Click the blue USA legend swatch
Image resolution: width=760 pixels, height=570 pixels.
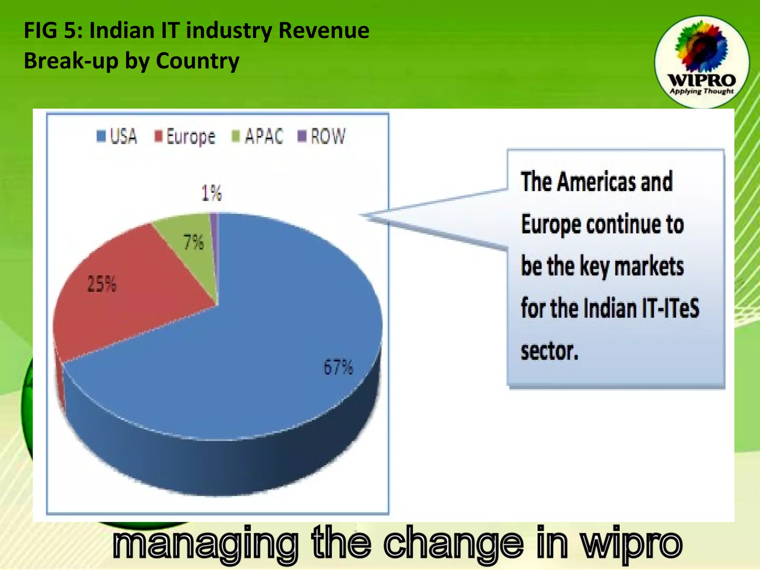[x=101, y=136]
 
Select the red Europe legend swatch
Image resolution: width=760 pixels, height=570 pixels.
[x=159, y=136]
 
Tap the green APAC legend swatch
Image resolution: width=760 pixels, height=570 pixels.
[x=236, y=136]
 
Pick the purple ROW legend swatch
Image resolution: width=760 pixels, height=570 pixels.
[x=302, y=136]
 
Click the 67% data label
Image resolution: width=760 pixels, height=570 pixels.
[x=338, y=367]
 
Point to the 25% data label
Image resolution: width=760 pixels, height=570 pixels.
[x=102, y=284]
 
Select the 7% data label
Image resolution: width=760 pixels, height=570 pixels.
[x=194, y=242]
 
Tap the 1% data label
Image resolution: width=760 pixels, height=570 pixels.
[x=212, y=193]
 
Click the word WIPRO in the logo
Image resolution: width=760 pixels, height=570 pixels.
[x=701, y=80]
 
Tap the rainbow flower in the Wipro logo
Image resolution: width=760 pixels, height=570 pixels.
[x=701, y=46]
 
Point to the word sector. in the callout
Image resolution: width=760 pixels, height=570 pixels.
[x=550, y=351]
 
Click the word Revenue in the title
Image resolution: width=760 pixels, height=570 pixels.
[x=324, y=30]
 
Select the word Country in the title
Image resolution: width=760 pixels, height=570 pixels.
[x=197, y=61]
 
